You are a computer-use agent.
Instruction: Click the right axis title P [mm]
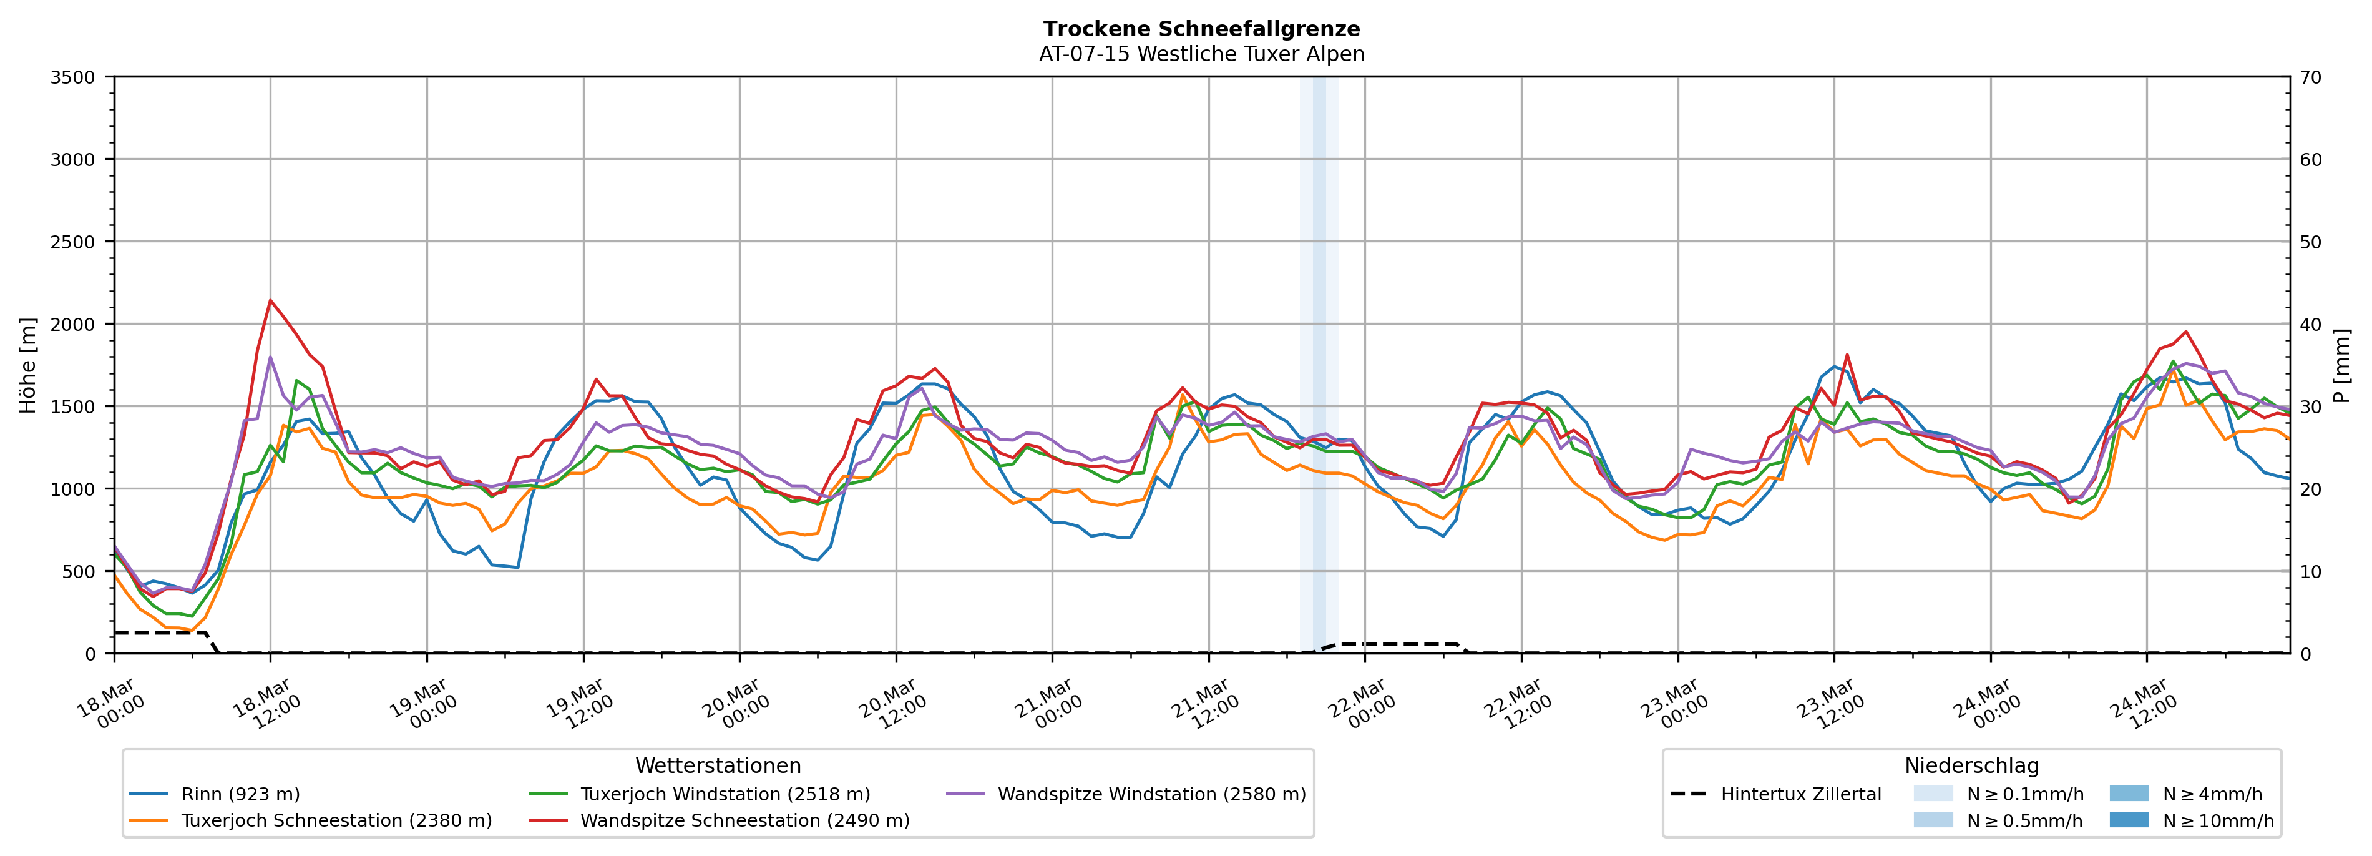click(2341, 366)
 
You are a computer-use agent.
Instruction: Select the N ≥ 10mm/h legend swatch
click(2128, 820)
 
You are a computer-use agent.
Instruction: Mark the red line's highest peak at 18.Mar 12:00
click(270, 300)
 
